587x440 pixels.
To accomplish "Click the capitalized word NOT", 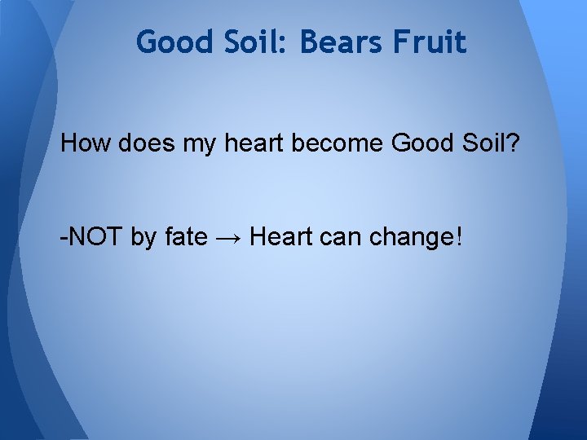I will pyautogui.click(x=95, y=238).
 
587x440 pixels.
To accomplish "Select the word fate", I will pyautogui.click(x=186, y=238).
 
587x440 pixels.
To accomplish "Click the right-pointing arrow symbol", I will pyautogui.click(x=229, y=239).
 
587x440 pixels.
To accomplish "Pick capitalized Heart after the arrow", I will pyautogui.click(x=280, y=238).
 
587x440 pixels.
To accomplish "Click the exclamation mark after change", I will pyautogui.click(x=459, y=238).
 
